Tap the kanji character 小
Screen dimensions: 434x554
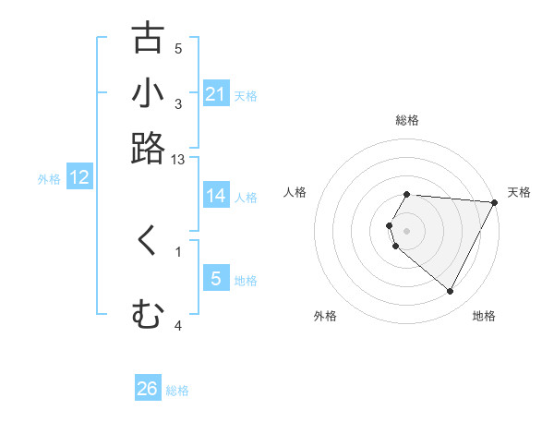(148, 93)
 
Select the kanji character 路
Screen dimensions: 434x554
(148, 148)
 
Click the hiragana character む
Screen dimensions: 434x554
(148, 316)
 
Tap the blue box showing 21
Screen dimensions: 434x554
(215, 94)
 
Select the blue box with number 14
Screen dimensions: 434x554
(215, 196)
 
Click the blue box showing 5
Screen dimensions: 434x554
(215, 279)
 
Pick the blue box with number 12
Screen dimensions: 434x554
(79, 178)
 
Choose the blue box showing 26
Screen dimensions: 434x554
(148, 389)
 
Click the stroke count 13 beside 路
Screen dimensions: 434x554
(178, 160)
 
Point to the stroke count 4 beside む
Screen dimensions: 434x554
(178, 325)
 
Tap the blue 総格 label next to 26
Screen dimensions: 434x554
(177, 391)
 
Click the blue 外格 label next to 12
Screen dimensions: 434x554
(49, 179)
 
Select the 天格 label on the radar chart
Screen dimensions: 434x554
(519, 192)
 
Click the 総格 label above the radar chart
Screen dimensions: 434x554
(406, 120)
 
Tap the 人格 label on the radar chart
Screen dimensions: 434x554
(295, 192)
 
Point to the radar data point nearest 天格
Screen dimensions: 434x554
(495, 202)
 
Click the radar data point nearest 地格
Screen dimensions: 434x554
(451, 292)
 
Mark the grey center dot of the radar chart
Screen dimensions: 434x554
(406, 230)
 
